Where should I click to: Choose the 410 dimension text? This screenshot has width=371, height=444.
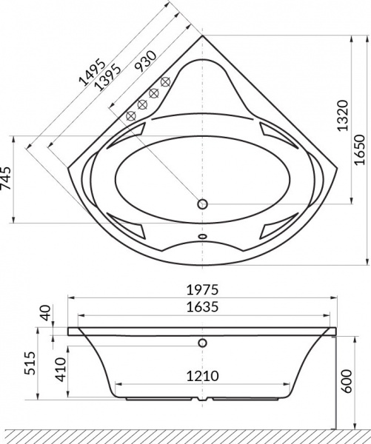61,368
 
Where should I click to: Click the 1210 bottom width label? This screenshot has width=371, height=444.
202,375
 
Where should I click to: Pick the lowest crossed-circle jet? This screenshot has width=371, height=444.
131,115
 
